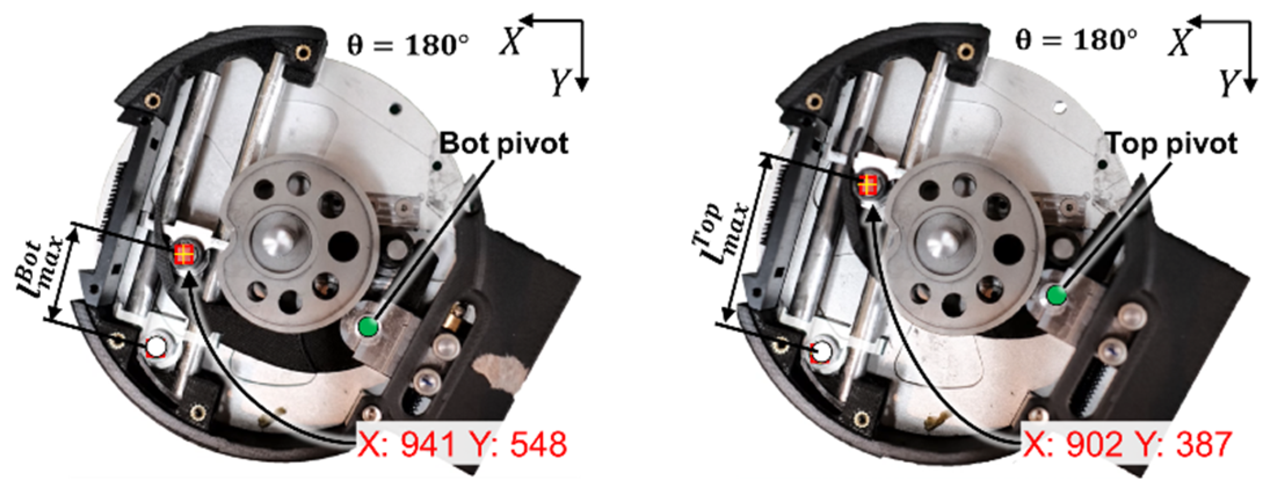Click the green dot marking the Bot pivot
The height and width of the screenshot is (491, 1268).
pos(368,326)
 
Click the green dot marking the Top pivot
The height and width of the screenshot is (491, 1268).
pos(1056,296)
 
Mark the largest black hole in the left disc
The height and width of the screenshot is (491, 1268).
pos(343,247)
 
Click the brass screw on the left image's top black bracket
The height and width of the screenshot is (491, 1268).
pos(302,54)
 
